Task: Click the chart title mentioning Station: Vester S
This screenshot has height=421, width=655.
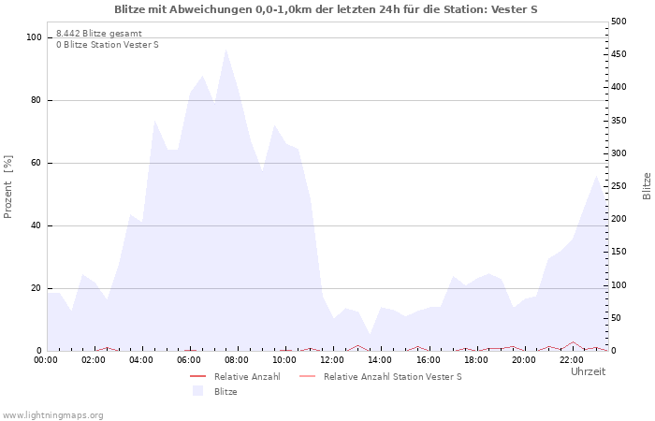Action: coord(326,9)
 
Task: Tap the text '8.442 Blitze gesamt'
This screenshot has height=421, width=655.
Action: coord(99,33)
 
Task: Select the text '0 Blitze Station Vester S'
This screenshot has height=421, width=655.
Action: coord(108,45)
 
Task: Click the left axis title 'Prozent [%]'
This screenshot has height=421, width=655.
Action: coord(8,187)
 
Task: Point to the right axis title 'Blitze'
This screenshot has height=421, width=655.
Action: coord(647,185)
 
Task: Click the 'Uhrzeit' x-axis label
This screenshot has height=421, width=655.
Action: coord(588,371)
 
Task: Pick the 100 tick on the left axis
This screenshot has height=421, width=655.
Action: coord(35,37)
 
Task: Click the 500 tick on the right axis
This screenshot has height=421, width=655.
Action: coord(619,22)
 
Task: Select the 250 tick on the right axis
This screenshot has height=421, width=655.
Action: coord(619,186)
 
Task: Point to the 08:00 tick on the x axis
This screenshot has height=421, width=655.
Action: coord(237,359)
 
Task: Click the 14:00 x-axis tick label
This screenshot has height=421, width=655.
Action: coord(380,359)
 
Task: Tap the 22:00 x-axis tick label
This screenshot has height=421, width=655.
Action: coord(572,359)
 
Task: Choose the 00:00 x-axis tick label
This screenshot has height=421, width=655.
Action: coord(46,359)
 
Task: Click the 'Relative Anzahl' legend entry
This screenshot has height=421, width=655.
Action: coord(247,376)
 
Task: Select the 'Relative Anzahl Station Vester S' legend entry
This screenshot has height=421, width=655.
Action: coord(392,376)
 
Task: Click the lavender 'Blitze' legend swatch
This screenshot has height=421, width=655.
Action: coord(197,391)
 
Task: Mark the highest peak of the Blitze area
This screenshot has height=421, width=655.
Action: coord(226,49)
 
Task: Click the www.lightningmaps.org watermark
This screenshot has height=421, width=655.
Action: coord(52,414)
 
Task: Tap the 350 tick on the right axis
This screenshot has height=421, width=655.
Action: coord(619,121)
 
